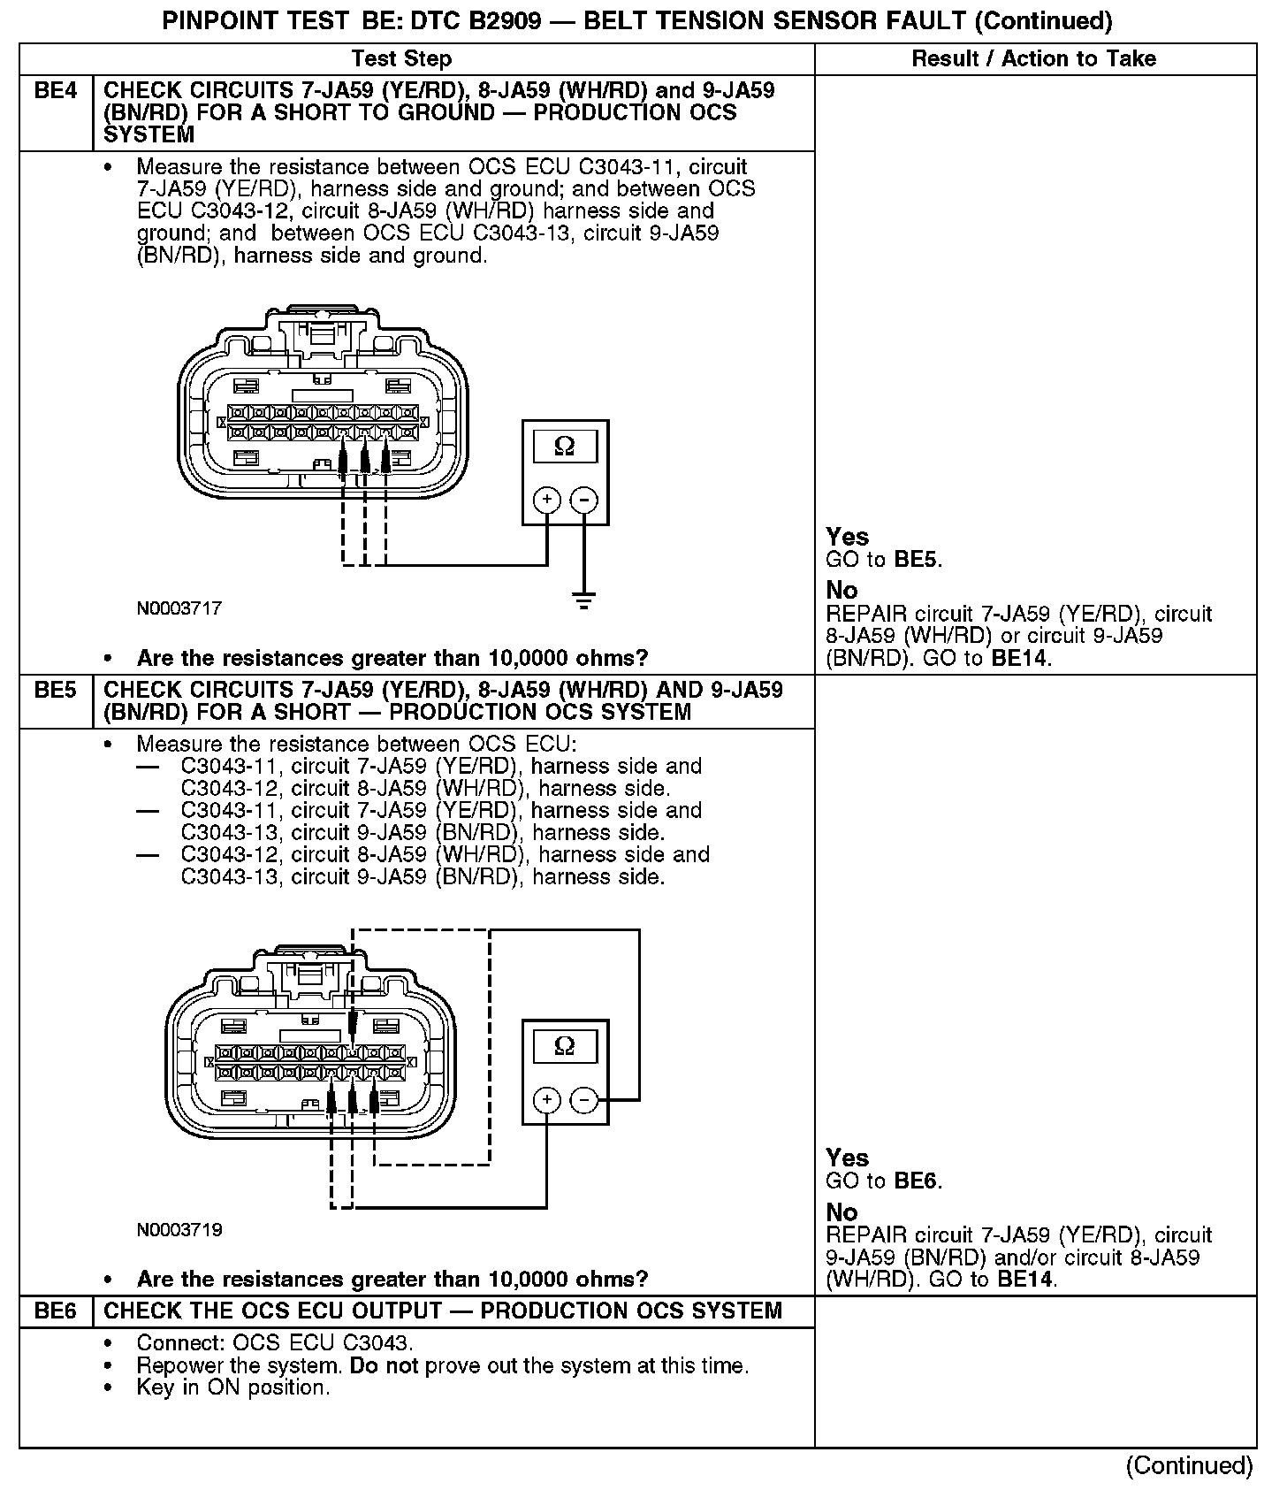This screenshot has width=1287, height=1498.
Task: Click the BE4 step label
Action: (x=55, y=91)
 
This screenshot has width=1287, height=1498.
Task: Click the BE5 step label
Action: (x=55, y=691)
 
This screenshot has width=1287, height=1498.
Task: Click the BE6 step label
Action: (x=55, y=1311)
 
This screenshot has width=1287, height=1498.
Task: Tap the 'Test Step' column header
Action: (x=401, y=59)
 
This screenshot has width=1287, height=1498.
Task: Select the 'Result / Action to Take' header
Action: (x=1033, y=59)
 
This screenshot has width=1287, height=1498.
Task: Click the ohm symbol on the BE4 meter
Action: (x=564, y=447)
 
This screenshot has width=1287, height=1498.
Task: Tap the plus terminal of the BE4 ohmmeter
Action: (x=547, y=500)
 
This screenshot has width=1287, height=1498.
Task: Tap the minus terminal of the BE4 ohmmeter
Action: (x=583, y=500)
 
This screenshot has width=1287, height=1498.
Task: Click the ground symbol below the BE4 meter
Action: (x=583, y=601)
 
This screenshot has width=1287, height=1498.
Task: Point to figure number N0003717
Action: (x=179, y=608)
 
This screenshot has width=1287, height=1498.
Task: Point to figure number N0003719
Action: (x=179, y=1230)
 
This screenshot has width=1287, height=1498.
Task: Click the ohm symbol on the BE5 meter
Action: (x=564, y=1047)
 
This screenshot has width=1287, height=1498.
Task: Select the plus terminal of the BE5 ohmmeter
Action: (x=547, y=1100)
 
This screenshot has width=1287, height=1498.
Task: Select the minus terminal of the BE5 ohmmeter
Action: (x=584, y=1100)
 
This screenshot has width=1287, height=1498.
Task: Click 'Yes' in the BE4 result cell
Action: (x=847, y=537)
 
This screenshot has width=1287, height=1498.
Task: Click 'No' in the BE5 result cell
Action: (x=841, y=1211)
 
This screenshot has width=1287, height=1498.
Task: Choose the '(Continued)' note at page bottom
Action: (x=1189, y=1466)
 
